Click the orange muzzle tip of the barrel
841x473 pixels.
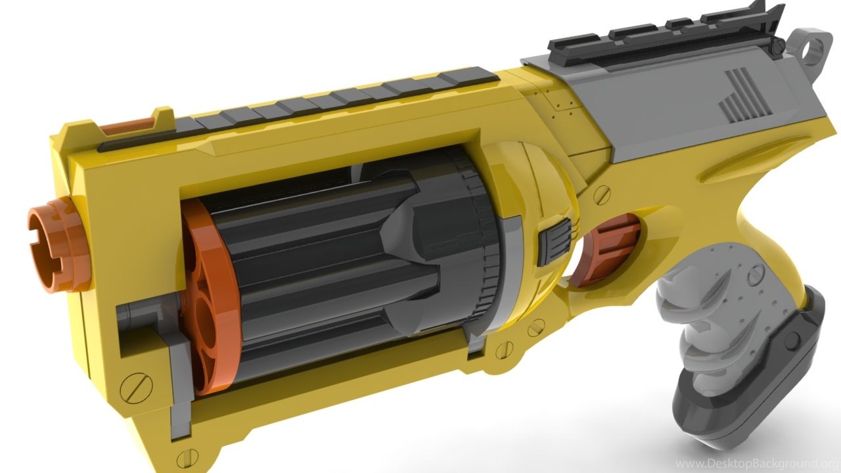click(57, 248)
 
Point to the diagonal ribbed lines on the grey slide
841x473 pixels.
click(744, 95)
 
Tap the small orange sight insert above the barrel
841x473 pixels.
click(127, 125)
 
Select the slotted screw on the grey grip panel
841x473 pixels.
click(756, 275)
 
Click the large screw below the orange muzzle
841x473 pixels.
click(136, 388)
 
